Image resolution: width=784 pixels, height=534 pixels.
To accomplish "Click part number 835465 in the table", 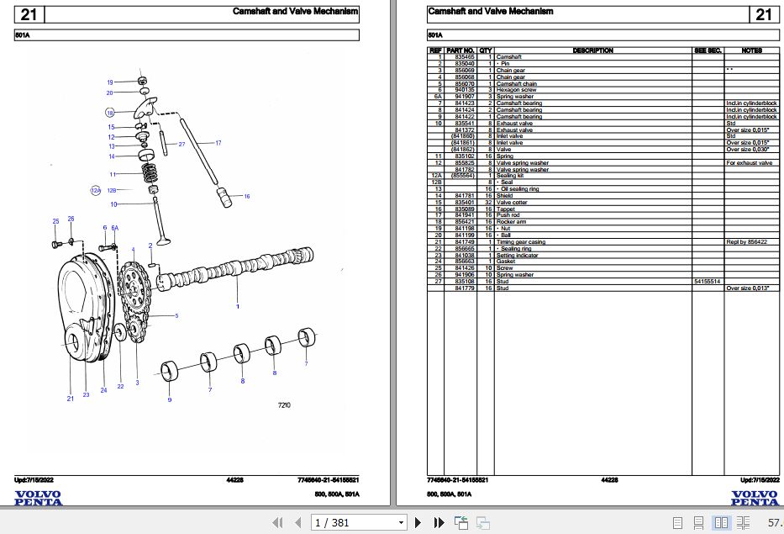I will pyautogui.click(x=464, y=57).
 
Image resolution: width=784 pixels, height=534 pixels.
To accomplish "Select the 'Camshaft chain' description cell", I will pyautogui.click(x=517, y=84).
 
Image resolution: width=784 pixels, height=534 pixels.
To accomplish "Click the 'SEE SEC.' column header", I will pyautogui.click(x=708, y=50).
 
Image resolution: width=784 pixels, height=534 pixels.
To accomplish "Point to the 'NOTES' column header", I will pyautogui.click(x=752, y=50).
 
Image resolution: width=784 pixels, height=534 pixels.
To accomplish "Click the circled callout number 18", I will pyautogui.click(x=109, y=112).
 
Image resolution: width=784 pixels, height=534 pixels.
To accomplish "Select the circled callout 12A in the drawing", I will pyautogui.click(x=96, y=191).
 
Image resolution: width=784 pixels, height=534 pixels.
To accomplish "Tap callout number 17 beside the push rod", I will pyautogui.click(x=218, y=143).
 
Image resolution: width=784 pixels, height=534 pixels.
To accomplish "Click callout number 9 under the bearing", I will pyautogui.click(x=169, y=399).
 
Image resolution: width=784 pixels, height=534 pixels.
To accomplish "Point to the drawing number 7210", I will pyautogui.click(x=284, y=406).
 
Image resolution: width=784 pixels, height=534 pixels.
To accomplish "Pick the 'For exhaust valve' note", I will pyautogui.click(x=749, y=163).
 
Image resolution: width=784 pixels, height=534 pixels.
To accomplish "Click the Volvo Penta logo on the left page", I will pyautogui.click(x=38, y=498).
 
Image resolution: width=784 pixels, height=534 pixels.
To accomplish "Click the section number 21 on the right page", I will pyautogui.click(x=763, y=14).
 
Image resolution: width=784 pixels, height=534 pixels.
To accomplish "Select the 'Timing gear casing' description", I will pyautogui.click(x=521, y=242).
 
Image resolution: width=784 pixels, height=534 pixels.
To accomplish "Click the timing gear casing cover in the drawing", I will pyautogui.click(x=80, y=320).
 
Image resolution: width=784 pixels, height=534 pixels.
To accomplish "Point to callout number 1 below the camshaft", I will pyautogui.click(x=237, y=307).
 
